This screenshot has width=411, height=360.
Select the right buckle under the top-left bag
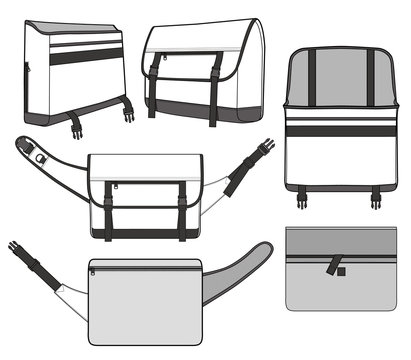pos(129,113)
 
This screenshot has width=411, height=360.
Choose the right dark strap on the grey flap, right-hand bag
pos(368,76)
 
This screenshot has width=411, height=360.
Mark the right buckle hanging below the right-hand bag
pos(376,199)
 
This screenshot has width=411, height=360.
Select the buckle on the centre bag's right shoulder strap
pos(263,149)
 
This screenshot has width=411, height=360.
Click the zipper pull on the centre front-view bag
pos(114,185)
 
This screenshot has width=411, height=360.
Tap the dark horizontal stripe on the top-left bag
pos(86,57)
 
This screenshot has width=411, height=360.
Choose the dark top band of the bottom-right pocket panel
pos(341,241)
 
